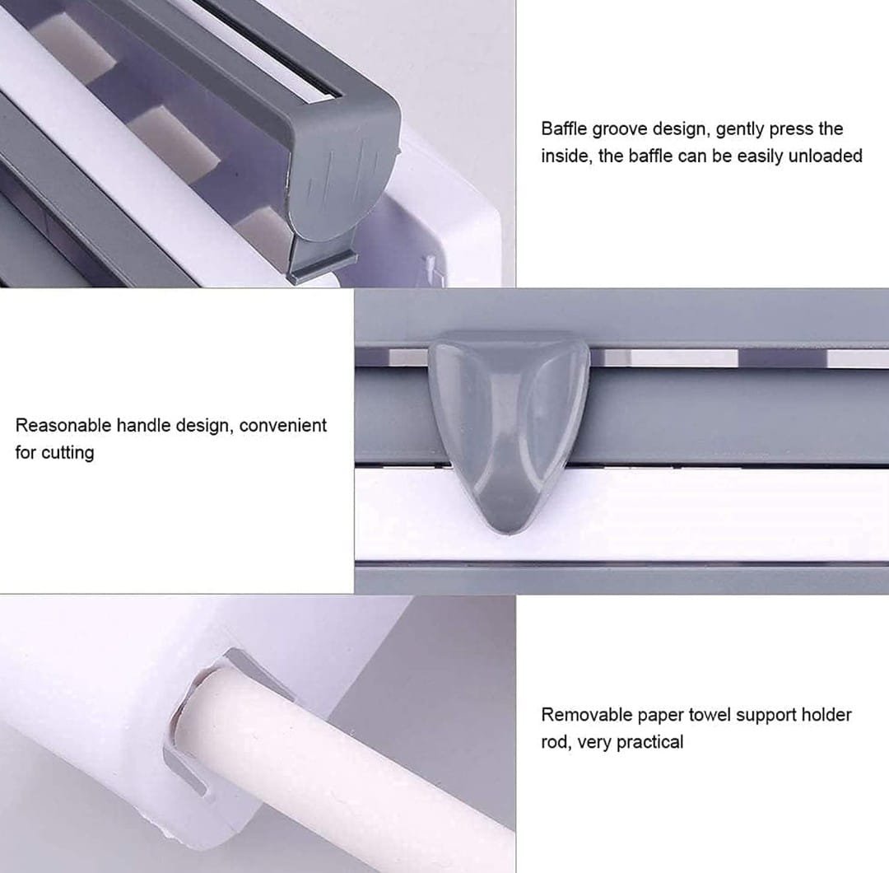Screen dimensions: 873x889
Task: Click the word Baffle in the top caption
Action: coord(566,128)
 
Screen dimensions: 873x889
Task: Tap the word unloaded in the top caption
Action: coord(825,156)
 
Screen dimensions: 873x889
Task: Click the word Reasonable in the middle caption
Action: coord(63,425)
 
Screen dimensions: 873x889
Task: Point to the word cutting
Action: coord(67,452)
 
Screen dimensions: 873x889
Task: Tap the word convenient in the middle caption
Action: coord(282,425)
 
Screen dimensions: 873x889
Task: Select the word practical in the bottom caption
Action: coord(649,741)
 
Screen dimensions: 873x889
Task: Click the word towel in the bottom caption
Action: coord(709,714)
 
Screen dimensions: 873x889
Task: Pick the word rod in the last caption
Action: coord(554,741)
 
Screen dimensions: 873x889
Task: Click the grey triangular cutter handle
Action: coord(509,420)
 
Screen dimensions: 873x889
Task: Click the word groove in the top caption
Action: coord(621,129)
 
